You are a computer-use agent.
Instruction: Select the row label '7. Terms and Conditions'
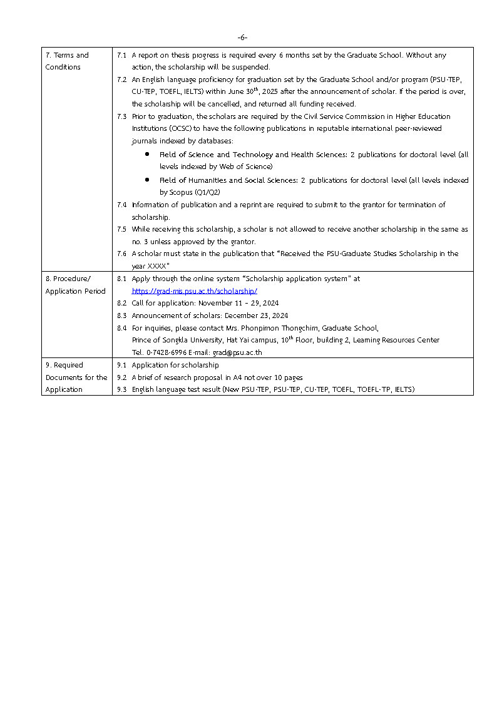[67, 61]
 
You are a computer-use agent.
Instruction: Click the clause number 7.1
[122, 55]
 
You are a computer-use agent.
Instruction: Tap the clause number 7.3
[122, 116]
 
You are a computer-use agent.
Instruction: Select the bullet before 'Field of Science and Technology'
[146, 154]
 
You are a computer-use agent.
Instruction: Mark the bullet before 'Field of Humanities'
[146, 180]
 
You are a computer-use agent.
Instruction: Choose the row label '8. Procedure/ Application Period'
[75, 285]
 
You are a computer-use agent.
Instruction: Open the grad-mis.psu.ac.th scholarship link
[194, 291]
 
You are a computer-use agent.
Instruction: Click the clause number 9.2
[122, 377]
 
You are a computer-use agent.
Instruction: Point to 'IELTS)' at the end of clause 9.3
[404, 389]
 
